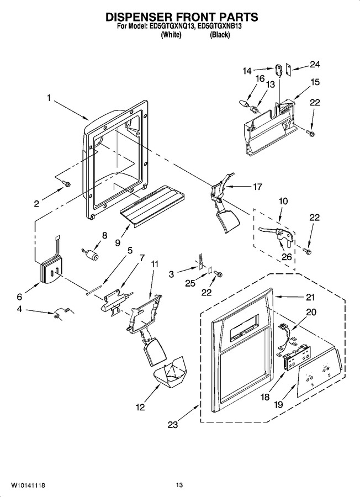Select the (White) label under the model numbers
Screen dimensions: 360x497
(x=171, y=35)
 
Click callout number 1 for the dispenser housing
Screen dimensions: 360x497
(x=49, y=98)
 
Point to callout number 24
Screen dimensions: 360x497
(x=315, y=65)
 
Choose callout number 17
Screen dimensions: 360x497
(x=258, y=187)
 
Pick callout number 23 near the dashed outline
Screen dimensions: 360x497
(x=173, y=425)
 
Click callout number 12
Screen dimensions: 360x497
(x=140, y=407)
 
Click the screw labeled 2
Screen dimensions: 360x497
(x=67, y=183)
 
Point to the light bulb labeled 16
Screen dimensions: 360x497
(x=245, y=104)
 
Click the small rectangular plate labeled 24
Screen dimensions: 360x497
(x=288, y=70)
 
